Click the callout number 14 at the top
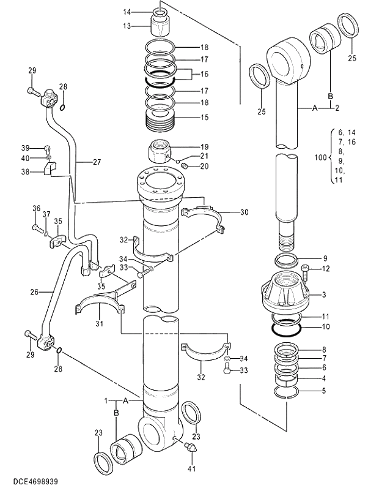click(x=127, y=12)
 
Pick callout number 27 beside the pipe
click(x=97, y=162)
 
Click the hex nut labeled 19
click(x=160, y=151)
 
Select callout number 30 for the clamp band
click(x=244, y=212)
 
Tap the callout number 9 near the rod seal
click(x=325, y=258)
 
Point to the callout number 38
click(x=25, y=173)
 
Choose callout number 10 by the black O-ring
click(x=325, y=327)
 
